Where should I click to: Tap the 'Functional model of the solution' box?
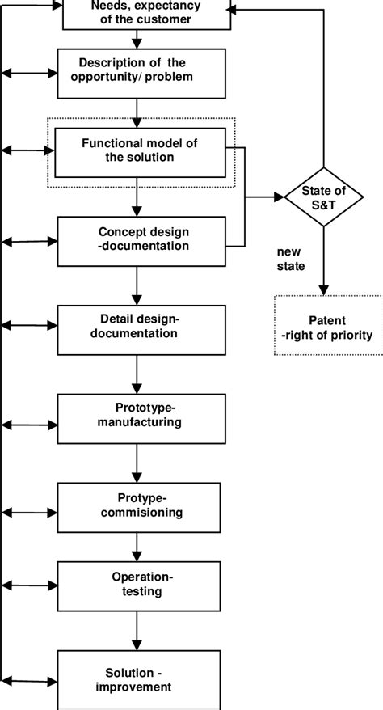click(140, 150)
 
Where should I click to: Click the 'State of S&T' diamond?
click(324, 197)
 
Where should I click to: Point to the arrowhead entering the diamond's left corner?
click(280, 197)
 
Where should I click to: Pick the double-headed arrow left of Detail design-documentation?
click(30, 325)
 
